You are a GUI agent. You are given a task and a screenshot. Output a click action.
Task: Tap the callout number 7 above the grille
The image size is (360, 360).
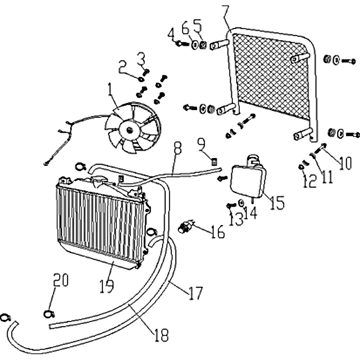point(225,11)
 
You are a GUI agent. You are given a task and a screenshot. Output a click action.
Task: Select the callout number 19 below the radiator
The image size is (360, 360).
point(107,284)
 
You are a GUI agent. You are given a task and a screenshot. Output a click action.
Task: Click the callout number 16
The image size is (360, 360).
point(217,232)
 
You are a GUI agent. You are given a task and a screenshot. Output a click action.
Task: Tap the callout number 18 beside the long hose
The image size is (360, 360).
point(161,334)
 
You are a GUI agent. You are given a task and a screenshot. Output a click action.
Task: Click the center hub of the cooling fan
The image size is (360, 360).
point(130,130)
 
